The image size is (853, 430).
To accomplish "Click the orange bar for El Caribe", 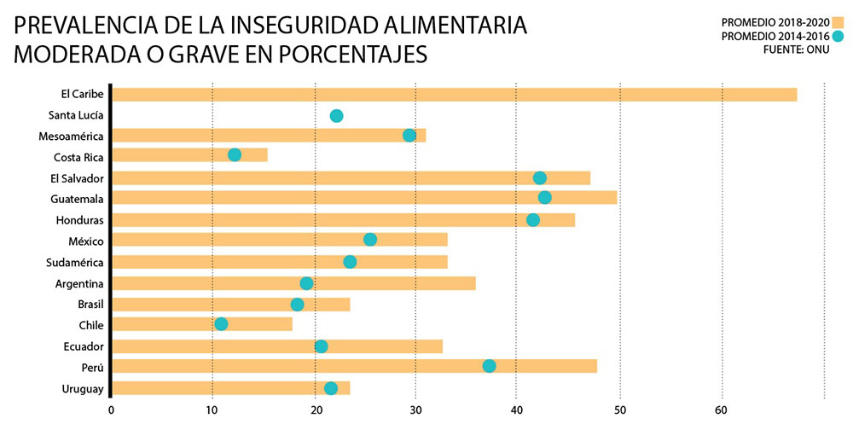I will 454,95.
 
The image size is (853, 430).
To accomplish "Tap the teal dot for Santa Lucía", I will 336,116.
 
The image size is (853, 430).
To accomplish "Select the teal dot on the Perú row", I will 489,366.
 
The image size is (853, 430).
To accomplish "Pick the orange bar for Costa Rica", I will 189,155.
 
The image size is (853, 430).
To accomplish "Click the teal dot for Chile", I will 221,324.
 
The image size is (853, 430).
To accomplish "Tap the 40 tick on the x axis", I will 516,410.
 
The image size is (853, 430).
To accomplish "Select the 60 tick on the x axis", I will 722,410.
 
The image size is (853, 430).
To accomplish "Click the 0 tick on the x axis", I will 111,410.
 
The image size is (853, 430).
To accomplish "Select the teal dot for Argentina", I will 306,283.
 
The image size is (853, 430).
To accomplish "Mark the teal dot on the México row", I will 370,240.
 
